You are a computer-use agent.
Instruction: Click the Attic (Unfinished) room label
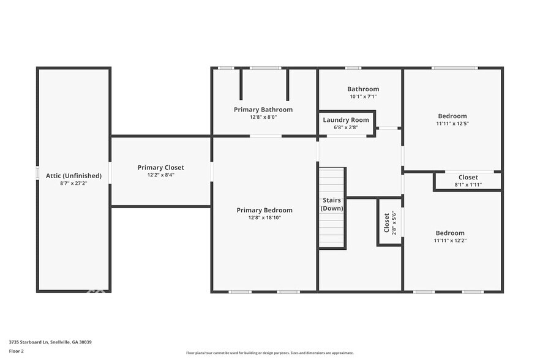tap(73, 176)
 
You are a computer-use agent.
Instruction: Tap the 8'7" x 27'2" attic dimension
tap(73, 183)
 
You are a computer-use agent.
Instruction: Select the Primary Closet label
tap(160, 167)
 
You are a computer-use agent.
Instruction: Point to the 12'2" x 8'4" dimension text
tap(160, 175)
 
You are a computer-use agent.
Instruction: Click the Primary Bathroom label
tap(263, 110)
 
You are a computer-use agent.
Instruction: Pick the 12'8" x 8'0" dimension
tap(263, 117)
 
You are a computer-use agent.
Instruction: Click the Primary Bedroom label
tap(264, 210)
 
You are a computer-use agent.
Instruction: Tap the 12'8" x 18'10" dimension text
tap(264, 217)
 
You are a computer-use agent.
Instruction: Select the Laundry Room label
tap(346, 120)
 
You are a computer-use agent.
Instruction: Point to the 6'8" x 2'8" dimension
tap(346, 127)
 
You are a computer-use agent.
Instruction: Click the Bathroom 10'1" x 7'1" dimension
tap(363, 96)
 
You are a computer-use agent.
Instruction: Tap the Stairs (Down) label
tap(332, 204)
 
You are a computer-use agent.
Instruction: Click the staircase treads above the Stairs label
tap(332, 181)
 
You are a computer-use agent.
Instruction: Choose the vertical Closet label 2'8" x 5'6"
tap(389, 223)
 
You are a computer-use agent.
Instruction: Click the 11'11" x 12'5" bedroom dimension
tap(452, 123)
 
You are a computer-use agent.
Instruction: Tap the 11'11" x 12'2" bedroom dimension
tap(450, 240)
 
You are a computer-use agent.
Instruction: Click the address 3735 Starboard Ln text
tap(50, 342)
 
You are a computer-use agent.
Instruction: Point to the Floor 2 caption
tap(17, 351)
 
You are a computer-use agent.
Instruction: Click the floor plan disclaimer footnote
tap(270, 353)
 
